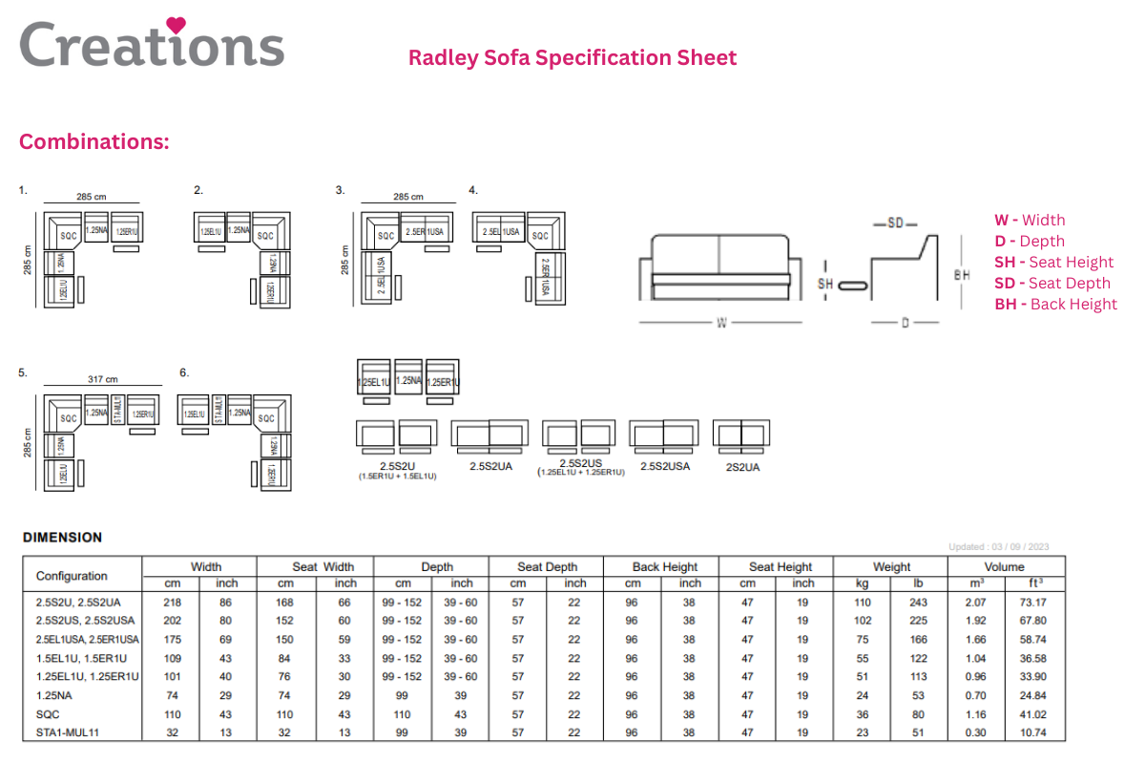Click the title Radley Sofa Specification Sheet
[572, 57]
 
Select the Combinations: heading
[94, 142]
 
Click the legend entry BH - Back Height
[1055, 304]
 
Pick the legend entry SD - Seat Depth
[1052, 283]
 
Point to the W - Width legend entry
[1030, 220]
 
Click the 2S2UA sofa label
[742, 467]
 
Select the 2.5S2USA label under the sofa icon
[665, 466]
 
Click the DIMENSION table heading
[62, 537]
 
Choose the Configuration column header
[72, 576]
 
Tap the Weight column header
[891, 566]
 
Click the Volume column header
[1005, 566]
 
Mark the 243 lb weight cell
[918, 602]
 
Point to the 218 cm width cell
[173, 602]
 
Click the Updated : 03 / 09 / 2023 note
[999, 547]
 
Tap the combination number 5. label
[23, 372]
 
